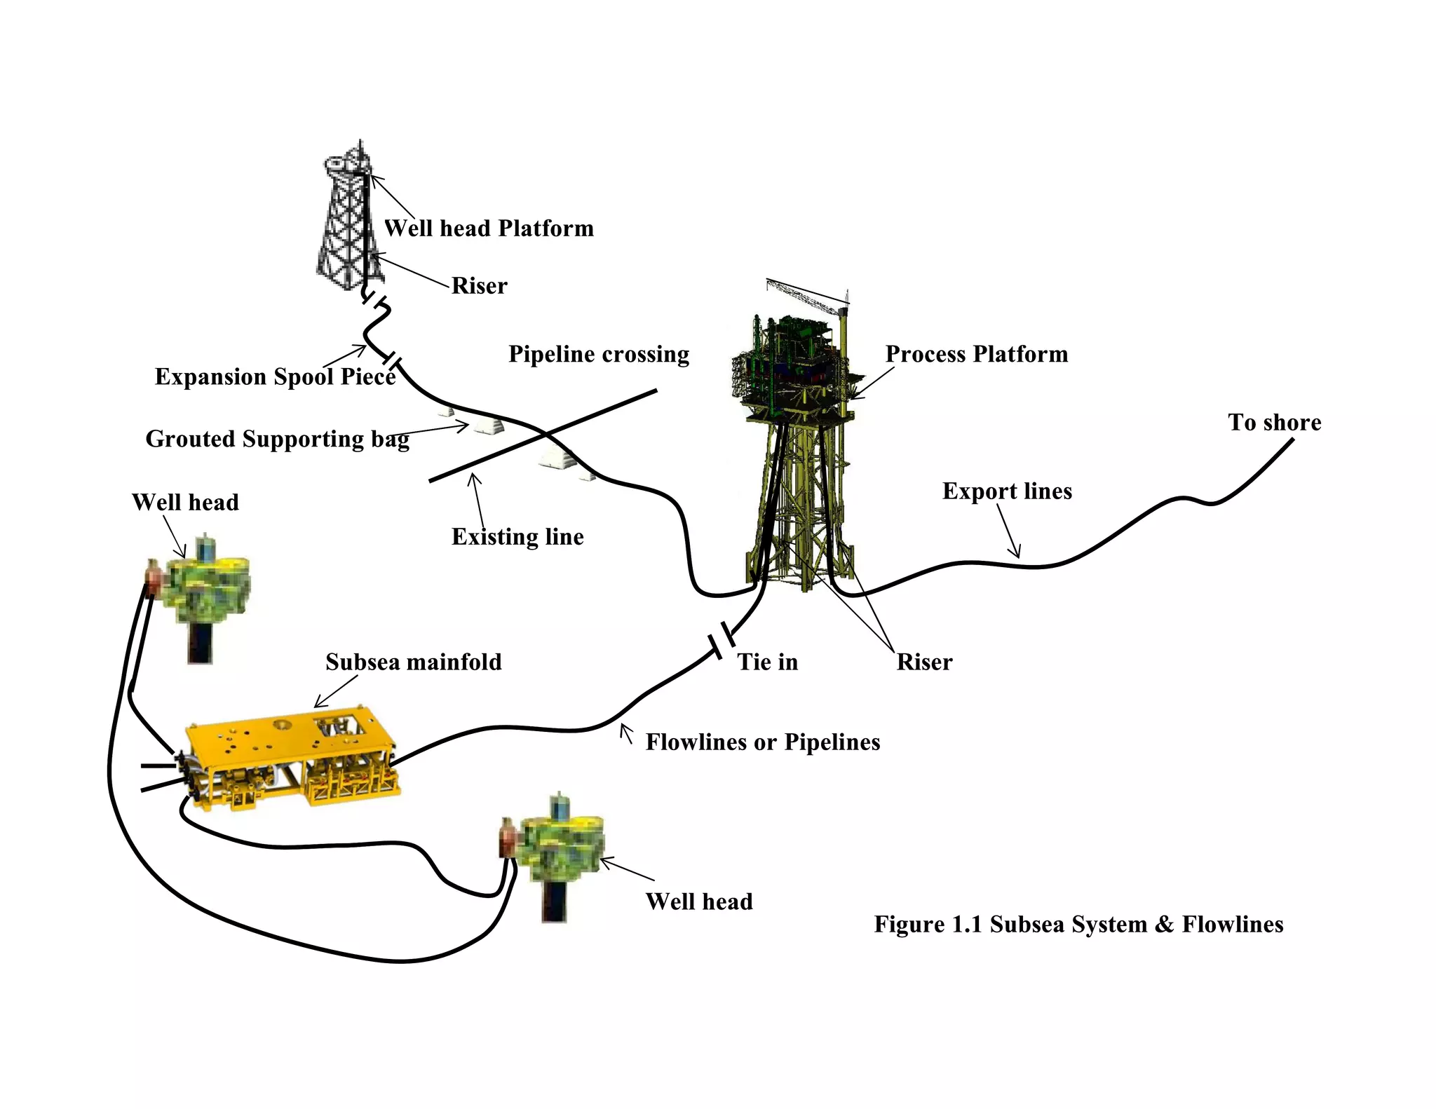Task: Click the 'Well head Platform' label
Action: (489, 229)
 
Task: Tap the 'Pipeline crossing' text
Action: (598, 354)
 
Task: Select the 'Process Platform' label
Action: (976, 354)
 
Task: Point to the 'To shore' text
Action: (1274, 422)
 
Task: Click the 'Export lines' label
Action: (1007, 491)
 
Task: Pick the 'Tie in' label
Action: (767, 662)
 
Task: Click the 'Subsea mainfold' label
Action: (413, 662)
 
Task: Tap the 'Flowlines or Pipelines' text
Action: (762, 742)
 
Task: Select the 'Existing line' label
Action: (517, 537)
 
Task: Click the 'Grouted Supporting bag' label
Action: (277, 439)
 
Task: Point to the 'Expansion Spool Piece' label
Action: (275, 376)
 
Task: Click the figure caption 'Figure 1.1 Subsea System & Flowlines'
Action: (1078, 924)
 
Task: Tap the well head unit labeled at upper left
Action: (203, 589)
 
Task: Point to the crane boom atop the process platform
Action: (806, 294)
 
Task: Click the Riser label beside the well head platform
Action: (479, 286)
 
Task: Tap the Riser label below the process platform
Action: (923, 662)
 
